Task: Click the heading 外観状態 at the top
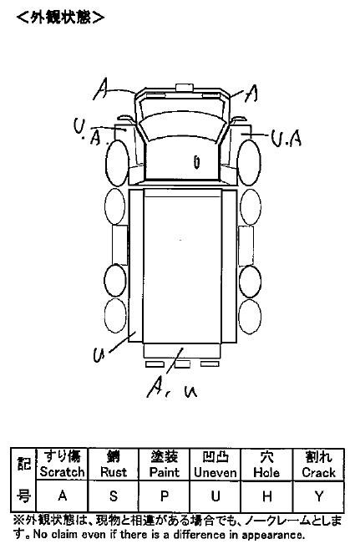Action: (61, 17)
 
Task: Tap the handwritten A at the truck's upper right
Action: (251, 94)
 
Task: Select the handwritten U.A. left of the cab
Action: (89, 132)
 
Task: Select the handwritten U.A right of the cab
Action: (286, 138)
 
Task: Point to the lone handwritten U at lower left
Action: (99, 354)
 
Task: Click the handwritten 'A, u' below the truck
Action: (172, 389)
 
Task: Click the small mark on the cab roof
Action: (196, 161)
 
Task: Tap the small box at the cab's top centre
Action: (184, 88)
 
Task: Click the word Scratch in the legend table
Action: (62, 472)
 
